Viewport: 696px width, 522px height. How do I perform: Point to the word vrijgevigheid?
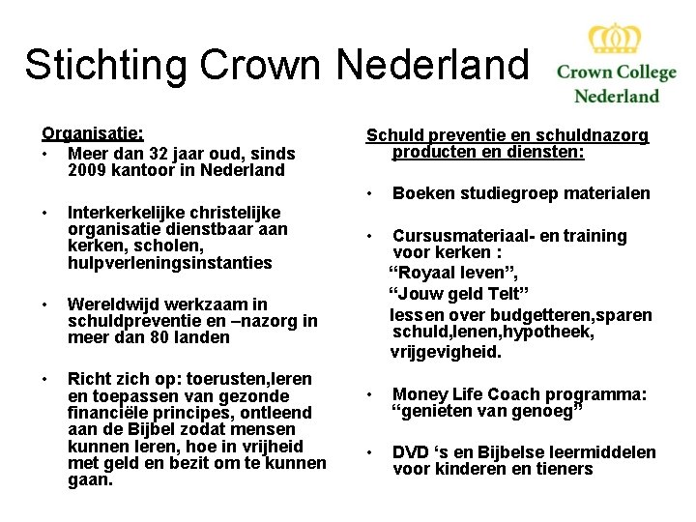pos(446,352)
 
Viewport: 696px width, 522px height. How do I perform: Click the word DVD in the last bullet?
pos(411,452)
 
